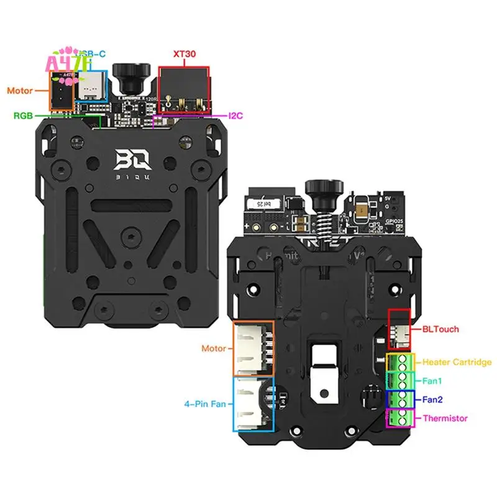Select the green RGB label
click(x=24, y=115)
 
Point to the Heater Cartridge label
click(x=457, y=362)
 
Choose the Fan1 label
click(x=433, y=380)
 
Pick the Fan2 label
click(x=433, y=400)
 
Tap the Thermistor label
click(x=444, y=418)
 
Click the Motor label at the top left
click(x=20, y=91)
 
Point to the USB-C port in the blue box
click(x=91, y=87)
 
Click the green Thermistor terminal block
click(x=400, y=417)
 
